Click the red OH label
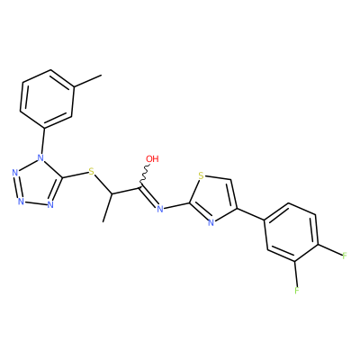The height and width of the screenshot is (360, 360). pyautogui.click(x=152, y=158)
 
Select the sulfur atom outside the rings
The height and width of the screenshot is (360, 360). pyautogui.click(x=92, y=172)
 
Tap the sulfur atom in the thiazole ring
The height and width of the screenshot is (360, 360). pyautogui.click(x=202, y=175)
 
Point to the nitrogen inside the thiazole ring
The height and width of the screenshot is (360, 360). pyautogui.click(x=211, y=222)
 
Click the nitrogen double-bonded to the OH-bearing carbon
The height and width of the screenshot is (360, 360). pyautogui.click(x=160, y=209)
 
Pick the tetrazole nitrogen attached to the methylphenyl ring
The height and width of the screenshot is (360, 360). pyautogui.click(x=40, y=157)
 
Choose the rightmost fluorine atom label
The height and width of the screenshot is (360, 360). pyautogui.click(x=345, y=256)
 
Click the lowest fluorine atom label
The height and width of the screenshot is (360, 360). pyautogui.click(x=296, y=290)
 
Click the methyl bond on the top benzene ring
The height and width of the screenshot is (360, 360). pyautogui.click(x=87, y=81)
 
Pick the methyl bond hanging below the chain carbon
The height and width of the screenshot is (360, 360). pyautogui.click(x=107, y=208)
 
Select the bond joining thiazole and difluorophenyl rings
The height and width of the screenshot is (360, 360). pyautogui.click(x=251, y=215)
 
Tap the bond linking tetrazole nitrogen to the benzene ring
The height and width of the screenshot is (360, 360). pyautogui.click(x=43, y=141)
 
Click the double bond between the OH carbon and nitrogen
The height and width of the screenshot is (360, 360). pyautogui.click(x=149, y=197)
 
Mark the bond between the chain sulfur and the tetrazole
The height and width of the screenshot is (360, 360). pyautogui.click(x=76, y=175)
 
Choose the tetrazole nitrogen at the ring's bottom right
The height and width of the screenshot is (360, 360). pyautogui.click(x=50, y=205)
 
